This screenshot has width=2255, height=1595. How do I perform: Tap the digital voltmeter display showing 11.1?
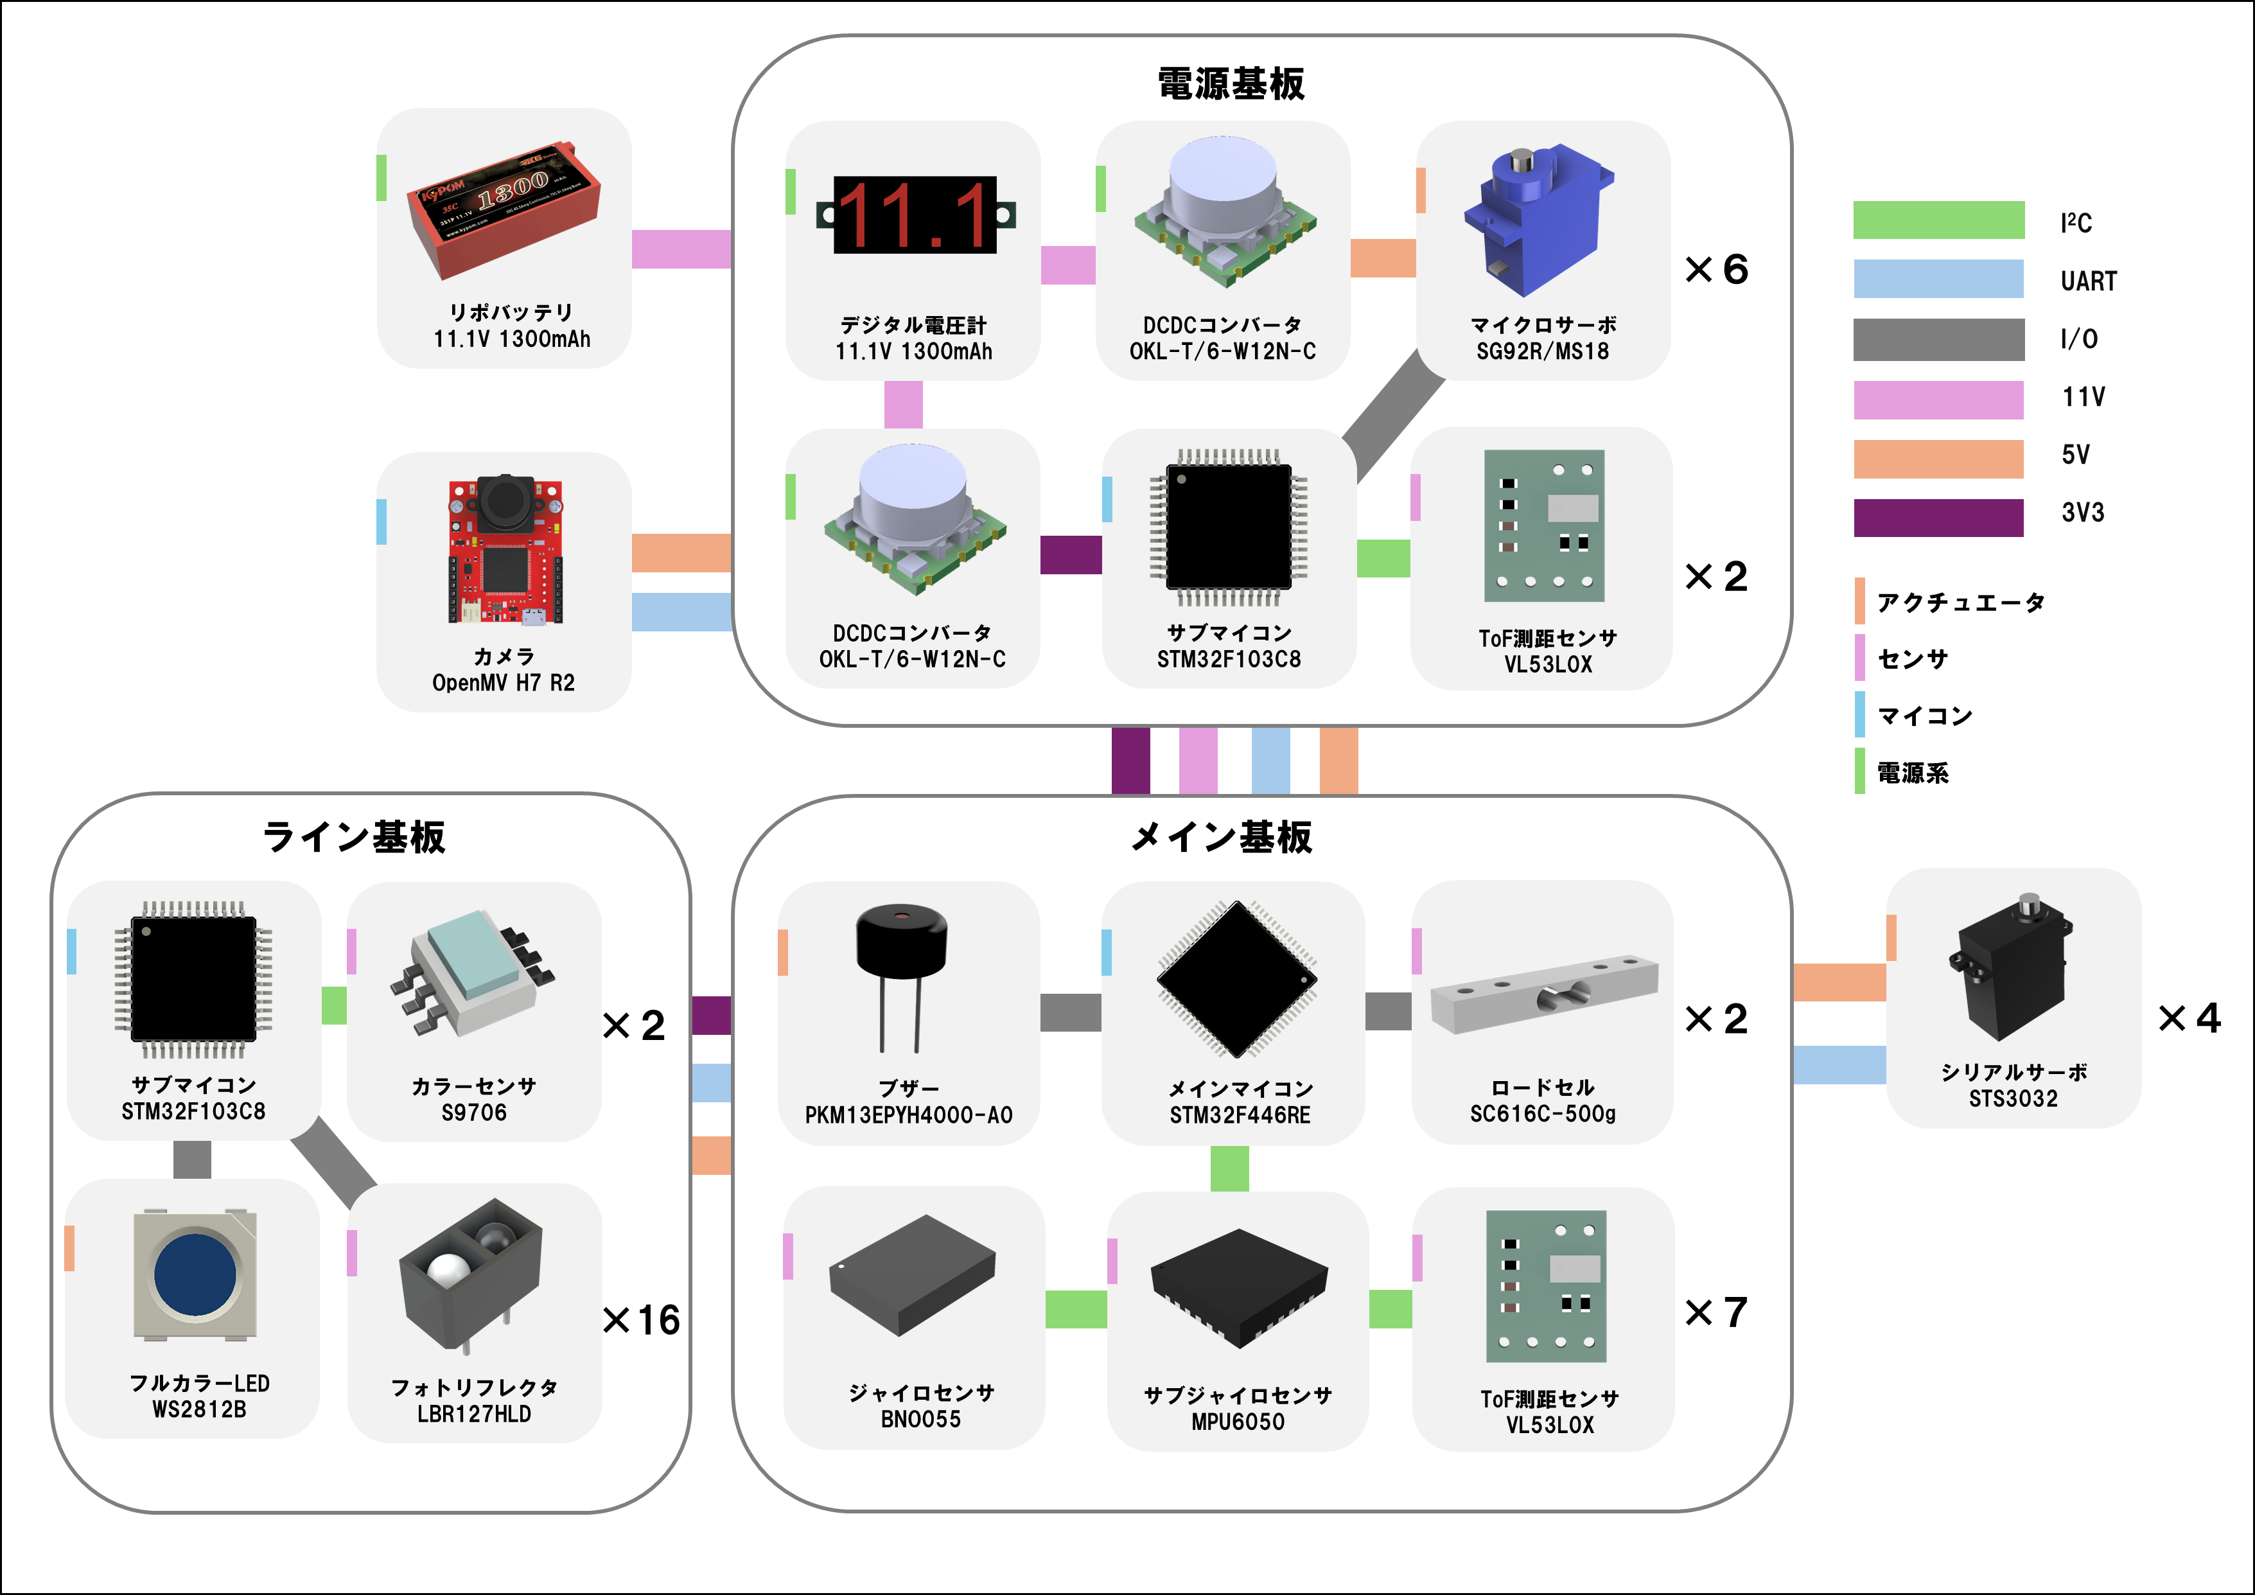tap(915, 215)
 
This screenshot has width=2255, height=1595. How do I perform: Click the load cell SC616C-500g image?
tap(1543, 997)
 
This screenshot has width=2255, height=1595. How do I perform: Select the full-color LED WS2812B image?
tap(195, 1275)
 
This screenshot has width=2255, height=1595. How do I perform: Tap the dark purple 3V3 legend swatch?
tap(1938, 518)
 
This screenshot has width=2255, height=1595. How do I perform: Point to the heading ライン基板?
tap(354, 837)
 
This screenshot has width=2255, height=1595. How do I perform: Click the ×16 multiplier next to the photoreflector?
tap(642, 1320)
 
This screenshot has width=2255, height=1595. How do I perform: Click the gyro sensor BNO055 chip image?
tap(913, 1275)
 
